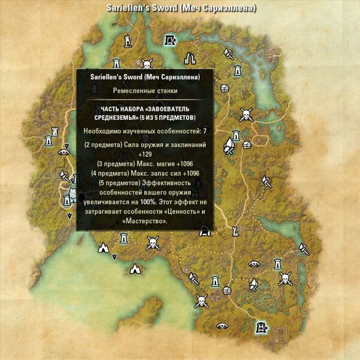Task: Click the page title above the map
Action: click(x=181, y=8)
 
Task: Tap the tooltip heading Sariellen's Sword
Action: click(x=144, y=77)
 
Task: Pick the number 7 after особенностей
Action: click(x=205, y=130)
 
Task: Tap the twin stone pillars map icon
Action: click(x=190, y=58)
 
